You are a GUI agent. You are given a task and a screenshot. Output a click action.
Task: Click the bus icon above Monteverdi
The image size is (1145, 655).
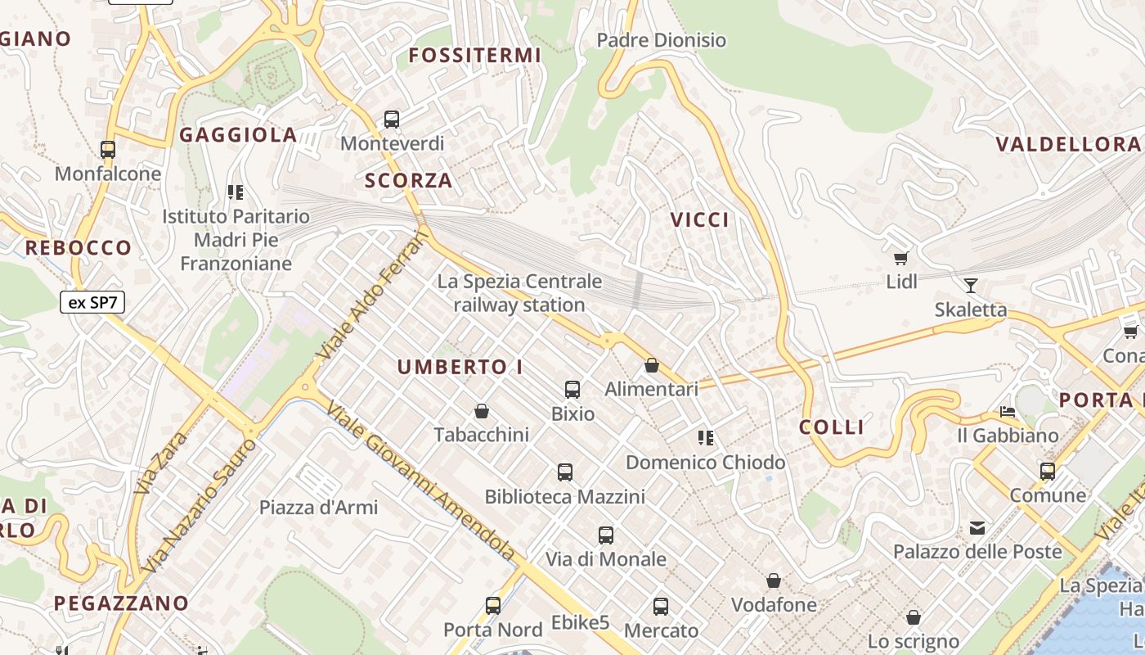(392, 120)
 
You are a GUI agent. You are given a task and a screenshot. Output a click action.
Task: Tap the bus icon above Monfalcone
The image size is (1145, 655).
(108, 150)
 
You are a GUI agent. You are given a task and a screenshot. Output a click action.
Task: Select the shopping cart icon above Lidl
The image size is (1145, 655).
(901, 259)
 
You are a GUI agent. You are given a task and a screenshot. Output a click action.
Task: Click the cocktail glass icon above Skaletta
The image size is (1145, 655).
(971, 286)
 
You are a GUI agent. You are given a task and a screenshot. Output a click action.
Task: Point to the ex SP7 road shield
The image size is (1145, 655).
(92, 302)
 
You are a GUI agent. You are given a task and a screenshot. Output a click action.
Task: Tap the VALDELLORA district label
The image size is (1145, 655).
(1067, 145)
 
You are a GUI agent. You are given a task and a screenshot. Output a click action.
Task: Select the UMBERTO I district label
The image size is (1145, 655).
(460, 368)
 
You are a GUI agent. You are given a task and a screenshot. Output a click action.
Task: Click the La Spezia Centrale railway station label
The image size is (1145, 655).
(519, 293)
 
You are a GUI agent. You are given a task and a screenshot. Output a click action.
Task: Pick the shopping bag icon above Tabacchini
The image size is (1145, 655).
(482, 411)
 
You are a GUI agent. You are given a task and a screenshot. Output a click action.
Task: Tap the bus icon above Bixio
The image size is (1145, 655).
(572, 390)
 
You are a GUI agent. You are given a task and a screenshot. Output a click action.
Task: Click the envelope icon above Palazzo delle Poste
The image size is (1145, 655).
(977, 528)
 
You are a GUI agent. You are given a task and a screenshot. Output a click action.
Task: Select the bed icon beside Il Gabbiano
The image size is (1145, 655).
(1008, 412)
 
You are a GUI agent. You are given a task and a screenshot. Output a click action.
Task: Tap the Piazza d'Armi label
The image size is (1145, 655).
(319, 508)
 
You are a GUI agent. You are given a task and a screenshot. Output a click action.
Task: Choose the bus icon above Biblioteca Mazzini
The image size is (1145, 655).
(565, 472)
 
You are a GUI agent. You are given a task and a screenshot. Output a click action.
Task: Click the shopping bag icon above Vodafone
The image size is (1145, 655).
(774, 581)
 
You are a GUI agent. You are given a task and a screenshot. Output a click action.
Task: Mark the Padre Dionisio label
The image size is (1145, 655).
(661, 40)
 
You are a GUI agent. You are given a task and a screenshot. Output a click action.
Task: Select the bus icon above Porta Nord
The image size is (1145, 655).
(493, 606)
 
